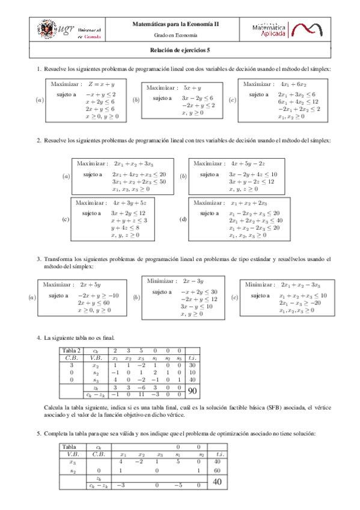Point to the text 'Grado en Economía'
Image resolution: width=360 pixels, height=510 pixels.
(x=179, y=36)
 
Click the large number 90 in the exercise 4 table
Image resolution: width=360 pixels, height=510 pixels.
(x=193, y=391)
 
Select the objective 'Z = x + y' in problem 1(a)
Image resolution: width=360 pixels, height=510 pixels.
(x=102, y=85)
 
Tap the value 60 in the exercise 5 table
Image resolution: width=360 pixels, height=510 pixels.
(x=217, y=471)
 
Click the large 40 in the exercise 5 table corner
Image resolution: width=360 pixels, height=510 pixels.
(x=217, y=482)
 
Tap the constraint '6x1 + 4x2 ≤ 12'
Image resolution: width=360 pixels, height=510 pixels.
(x=297, y=102)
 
